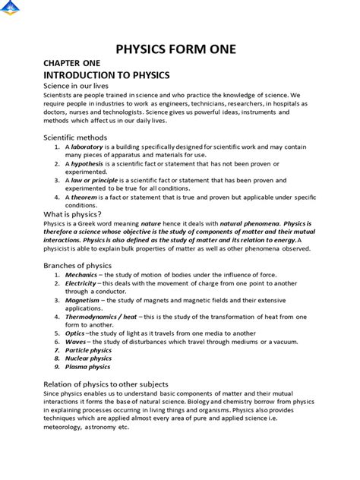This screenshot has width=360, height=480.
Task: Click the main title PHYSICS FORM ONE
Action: point(175,50)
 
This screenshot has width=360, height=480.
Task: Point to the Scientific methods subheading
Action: point(75,137)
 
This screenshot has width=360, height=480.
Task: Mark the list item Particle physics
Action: point(88,350)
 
